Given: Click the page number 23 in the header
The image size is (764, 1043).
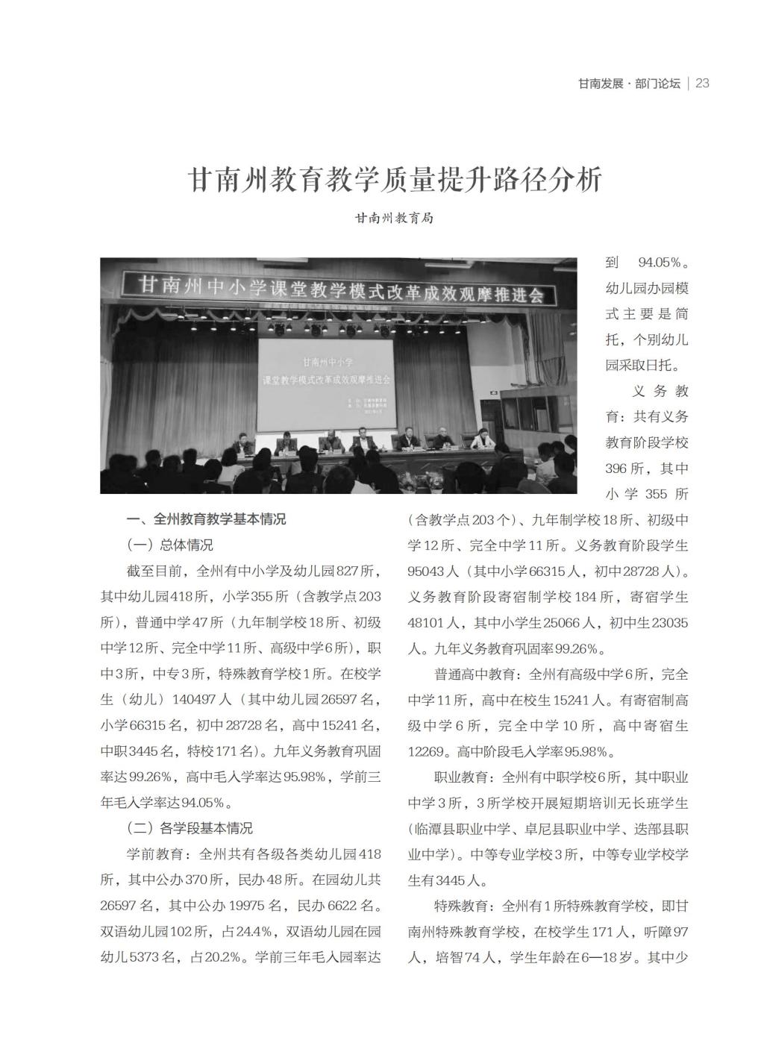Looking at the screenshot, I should coord(701,84).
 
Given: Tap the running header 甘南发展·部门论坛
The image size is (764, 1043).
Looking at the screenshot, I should coord(629,84).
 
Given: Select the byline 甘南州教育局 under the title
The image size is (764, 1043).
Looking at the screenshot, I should coord(393,219).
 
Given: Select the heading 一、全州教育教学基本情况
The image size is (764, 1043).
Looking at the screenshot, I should coord(206,519).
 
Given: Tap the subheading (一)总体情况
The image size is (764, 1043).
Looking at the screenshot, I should coord(170,545).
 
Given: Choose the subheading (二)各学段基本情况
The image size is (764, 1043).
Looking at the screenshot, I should coord(190,828).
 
